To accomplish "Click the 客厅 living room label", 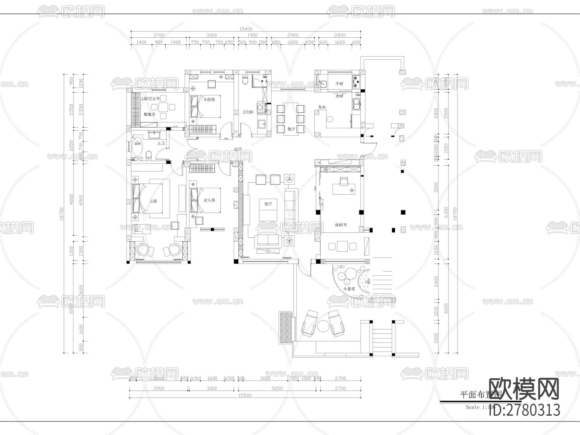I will (268, 204).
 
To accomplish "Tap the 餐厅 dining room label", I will (291, 129).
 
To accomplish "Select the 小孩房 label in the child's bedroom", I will (209, 100).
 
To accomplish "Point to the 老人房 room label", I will (209, 200).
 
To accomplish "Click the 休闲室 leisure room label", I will (341, 225).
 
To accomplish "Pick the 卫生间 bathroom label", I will (248, 112).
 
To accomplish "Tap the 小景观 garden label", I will (350, 289).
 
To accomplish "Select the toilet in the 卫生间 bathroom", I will (246, 80).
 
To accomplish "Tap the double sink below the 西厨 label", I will (357, 104).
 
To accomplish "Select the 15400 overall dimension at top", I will (246, 29).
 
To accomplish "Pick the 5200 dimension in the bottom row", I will (277, 388).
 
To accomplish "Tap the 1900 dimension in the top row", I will (252, 35).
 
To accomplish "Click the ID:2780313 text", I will (525, 410).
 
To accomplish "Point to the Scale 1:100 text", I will (480, 407).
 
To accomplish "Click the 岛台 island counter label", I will (322, 107).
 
